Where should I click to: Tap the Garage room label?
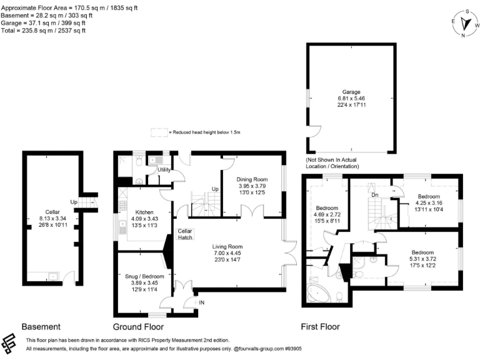[351, 92]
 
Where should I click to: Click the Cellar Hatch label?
[185, 234]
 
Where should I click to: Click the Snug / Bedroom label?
[144, 276]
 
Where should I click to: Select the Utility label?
[164, 169]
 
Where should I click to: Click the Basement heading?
[41, 327]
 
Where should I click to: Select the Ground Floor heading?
[139, 327]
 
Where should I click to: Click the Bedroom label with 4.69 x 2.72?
[327, 208]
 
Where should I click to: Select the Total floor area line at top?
[44, 30]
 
